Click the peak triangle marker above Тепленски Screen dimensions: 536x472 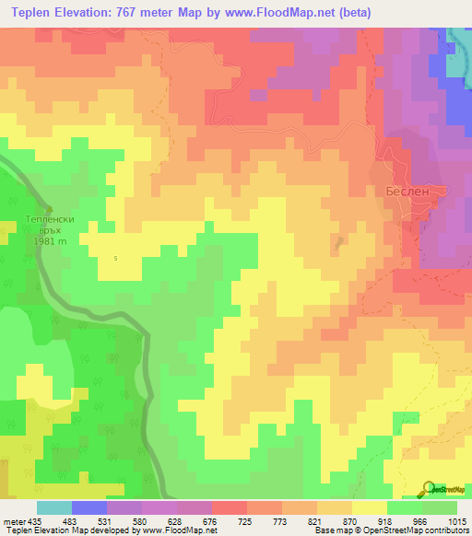point(50,209)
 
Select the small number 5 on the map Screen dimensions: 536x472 point(115,258)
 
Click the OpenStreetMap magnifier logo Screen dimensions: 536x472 point(428,488)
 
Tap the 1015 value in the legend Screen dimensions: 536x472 point(457,520)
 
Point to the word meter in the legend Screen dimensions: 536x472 point(13,520)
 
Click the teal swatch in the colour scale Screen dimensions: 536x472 point(54,507)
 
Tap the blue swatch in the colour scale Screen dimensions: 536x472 point(89,507)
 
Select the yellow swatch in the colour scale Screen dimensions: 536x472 point(370,507)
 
